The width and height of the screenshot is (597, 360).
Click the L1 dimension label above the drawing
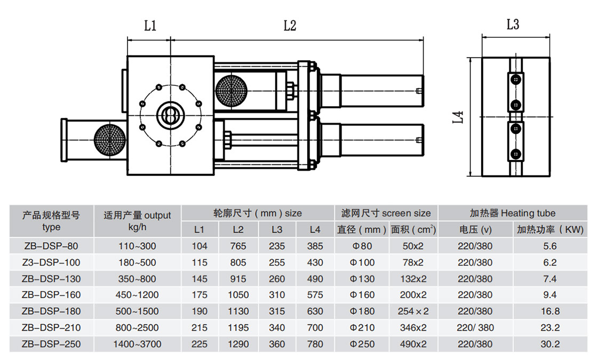150,26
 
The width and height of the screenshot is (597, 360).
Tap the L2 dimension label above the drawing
290,26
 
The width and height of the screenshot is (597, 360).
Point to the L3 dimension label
513,24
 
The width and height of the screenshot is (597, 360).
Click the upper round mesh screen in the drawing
231,89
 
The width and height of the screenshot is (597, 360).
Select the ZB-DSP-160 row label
51,295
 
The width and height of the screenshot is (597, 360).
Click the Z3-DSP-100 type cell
51,262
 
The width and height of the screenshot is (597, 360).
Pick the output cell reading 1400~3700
137,344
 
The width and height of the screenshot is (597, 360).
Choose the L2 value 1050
238,295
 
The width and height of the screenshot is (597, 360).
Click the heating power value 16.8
550,311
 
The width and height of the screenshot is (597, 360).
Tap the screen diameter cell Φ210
362,327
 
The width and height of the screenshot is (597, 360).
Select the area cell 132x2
413,279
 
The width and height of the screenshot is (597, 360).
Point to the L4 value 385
315,246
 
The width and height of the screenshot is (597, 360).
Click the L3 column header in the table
277,230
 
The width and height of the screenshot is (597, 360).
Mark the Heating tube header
512,213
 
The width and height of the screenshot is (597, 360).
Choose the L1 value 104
200,246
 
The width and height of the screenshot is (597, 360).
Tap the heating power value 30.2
550,344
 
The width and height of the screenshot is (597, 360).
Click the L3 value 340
277,327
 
